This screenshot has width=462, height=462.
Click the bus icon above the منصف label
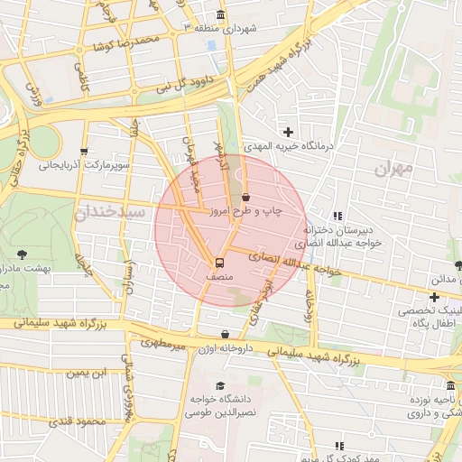[218, 263]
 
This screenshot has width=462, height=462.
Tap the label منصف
[218, 279]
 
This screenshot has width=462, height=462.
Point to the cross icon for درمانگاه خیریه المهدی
[288, 133]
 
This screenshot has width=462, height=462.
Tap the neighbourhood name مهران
[393, 168]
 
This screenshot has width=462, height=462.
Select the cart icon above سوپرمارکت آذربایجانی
[83, 152]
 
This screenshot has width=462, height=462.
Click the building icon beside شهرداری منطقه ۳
[222, 15]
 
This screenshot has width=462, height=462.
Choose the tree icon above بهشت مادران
[22, 254]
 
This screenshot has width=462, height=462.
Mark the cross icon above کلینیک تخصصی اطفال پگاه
[434, 296]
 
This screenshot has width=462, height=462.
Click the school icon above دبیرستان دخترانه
[337, 216]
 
